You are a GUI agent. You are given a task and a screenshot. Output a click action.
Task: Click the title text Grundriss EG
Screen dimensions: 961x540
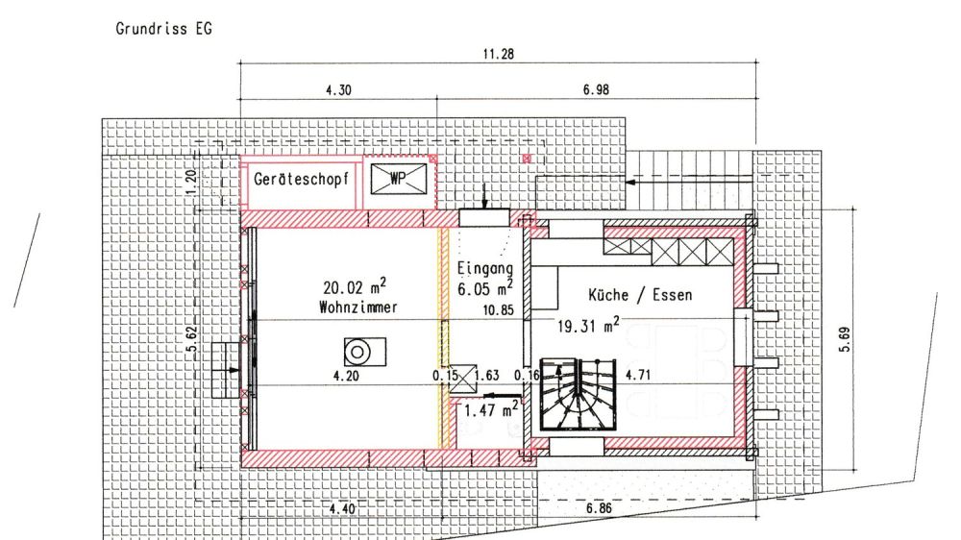pyautogui.click(x=163, y=29)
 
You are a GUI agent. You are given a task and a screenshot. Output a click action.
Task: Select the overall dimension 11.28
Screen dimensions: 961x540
pyautogui.click(x=498, y=54)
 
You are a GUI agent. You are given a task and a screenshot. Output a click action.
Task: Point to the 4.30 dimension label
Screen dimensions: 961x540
pyautogui.click(x=338, y=90)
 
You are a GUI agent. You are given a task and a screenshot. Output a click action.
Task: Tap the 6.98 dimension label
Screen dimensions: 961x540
pyautogui.click(x=596, y=89)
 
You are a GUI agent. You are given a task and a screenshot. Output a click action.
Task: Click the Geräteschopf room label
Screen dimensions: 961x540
pyautogui.click(x=301, y=179)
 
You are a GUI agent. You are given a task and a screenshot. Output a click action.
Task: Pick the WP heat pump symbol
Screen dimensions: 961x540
pyautogui.click(x=399, y=179)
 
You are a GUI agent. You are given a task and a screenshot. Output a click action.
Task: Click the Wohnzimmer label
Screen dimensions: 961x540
pyautogui.click(x=357, y=307)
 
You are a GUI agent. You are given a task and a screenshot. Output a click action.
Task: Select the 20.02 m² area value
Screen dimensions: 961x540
pyautogui.click(x=355, y=286)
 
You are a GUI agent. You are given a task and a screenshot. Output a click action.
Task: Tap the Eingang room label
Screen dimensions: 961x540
pyautogui.click(x=484, y=268)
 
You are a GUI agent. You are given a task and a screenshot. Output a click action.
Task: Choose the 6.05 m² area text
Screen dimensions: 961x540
pyautogui.click(x=484, y=288)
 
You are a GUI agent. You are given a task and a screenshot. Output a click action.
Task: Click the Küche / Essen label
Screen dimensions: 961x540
pyautogui.click(x=640, y=295)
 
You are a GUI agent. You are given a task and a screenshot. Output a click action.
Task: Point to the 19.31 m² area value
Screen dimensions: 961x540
pyautogui.click(x=588, y=326)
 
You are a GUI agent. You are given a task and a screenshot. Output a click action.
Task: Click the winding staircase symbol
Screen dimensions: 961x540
pyautogui.click(x=578, y=394)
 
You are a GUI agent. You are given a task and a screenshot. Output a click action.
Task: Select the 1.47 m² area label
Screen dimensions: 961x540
pyautogui.click(x=491, y=409)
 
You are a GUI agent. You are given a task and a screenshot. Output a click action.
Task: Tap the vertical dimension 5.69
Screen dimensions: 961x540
pyautogui.click(x=845, y=339)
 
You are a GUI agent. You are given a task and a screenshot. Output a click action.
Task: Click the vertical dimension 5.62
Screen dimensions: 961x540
pyautogui.click(x=191, y=342)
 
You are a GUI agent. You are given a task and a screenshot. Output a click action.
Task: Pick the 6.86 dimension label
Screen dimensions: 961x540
pyautogui.click(x=599, y=508)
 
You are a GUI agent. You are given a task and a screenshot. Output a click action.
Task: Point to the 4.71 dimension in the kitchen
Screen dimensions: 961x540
pyautogui.click(x=637, y=375)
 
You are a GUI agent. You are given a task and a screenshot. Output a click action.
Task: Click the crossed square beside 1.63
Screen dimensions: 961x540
pyautogui.click(x=464, y=379)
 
